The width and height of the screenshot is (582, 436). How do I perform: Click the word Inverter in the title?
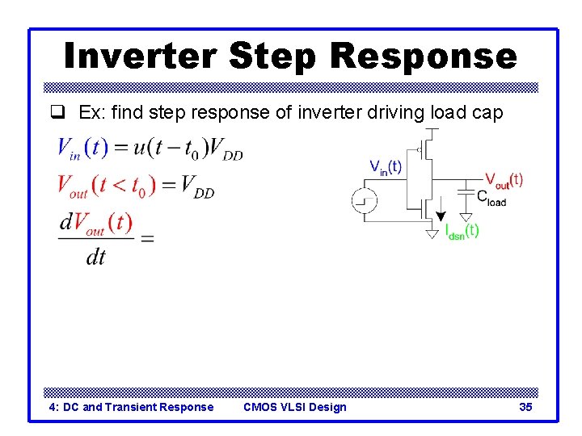pyautogui.click(x=139, y=57)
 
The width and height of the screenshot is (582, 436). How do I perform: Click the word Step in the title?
pyautogui.click(x=275, y=57)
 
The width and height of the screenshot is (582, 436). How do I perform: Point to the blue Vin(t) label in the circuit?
pyautogui.click(x=386, y=167)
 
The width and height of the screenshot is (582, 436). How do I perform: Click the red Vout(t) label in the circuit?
pyautogui.click(x=504, y=180)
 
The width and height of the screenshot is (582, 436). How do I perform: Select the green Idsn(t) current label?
pyautogui.click(x=462, y=231)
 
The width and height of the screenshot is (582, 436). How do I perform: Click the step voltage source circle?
pyautogui.click(x=364, y=200)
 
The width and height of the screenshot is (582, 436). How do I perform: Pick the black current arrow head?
pyautogui.click(x=441, y=216)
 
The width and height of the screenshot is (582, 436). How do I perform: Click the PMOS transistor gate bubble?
pyautogui.click(x=419, y=149)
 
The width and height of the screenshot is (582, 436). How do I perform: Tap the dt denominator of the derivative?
pyautogui.click(x=95, y=257)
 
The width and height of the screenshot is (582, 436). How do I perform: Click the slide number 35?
pyautogui.click(x=525, y=407)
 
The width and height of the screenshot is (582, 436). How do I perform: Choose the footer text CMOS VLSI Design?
pyautogui.click(x=294, y=407)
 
